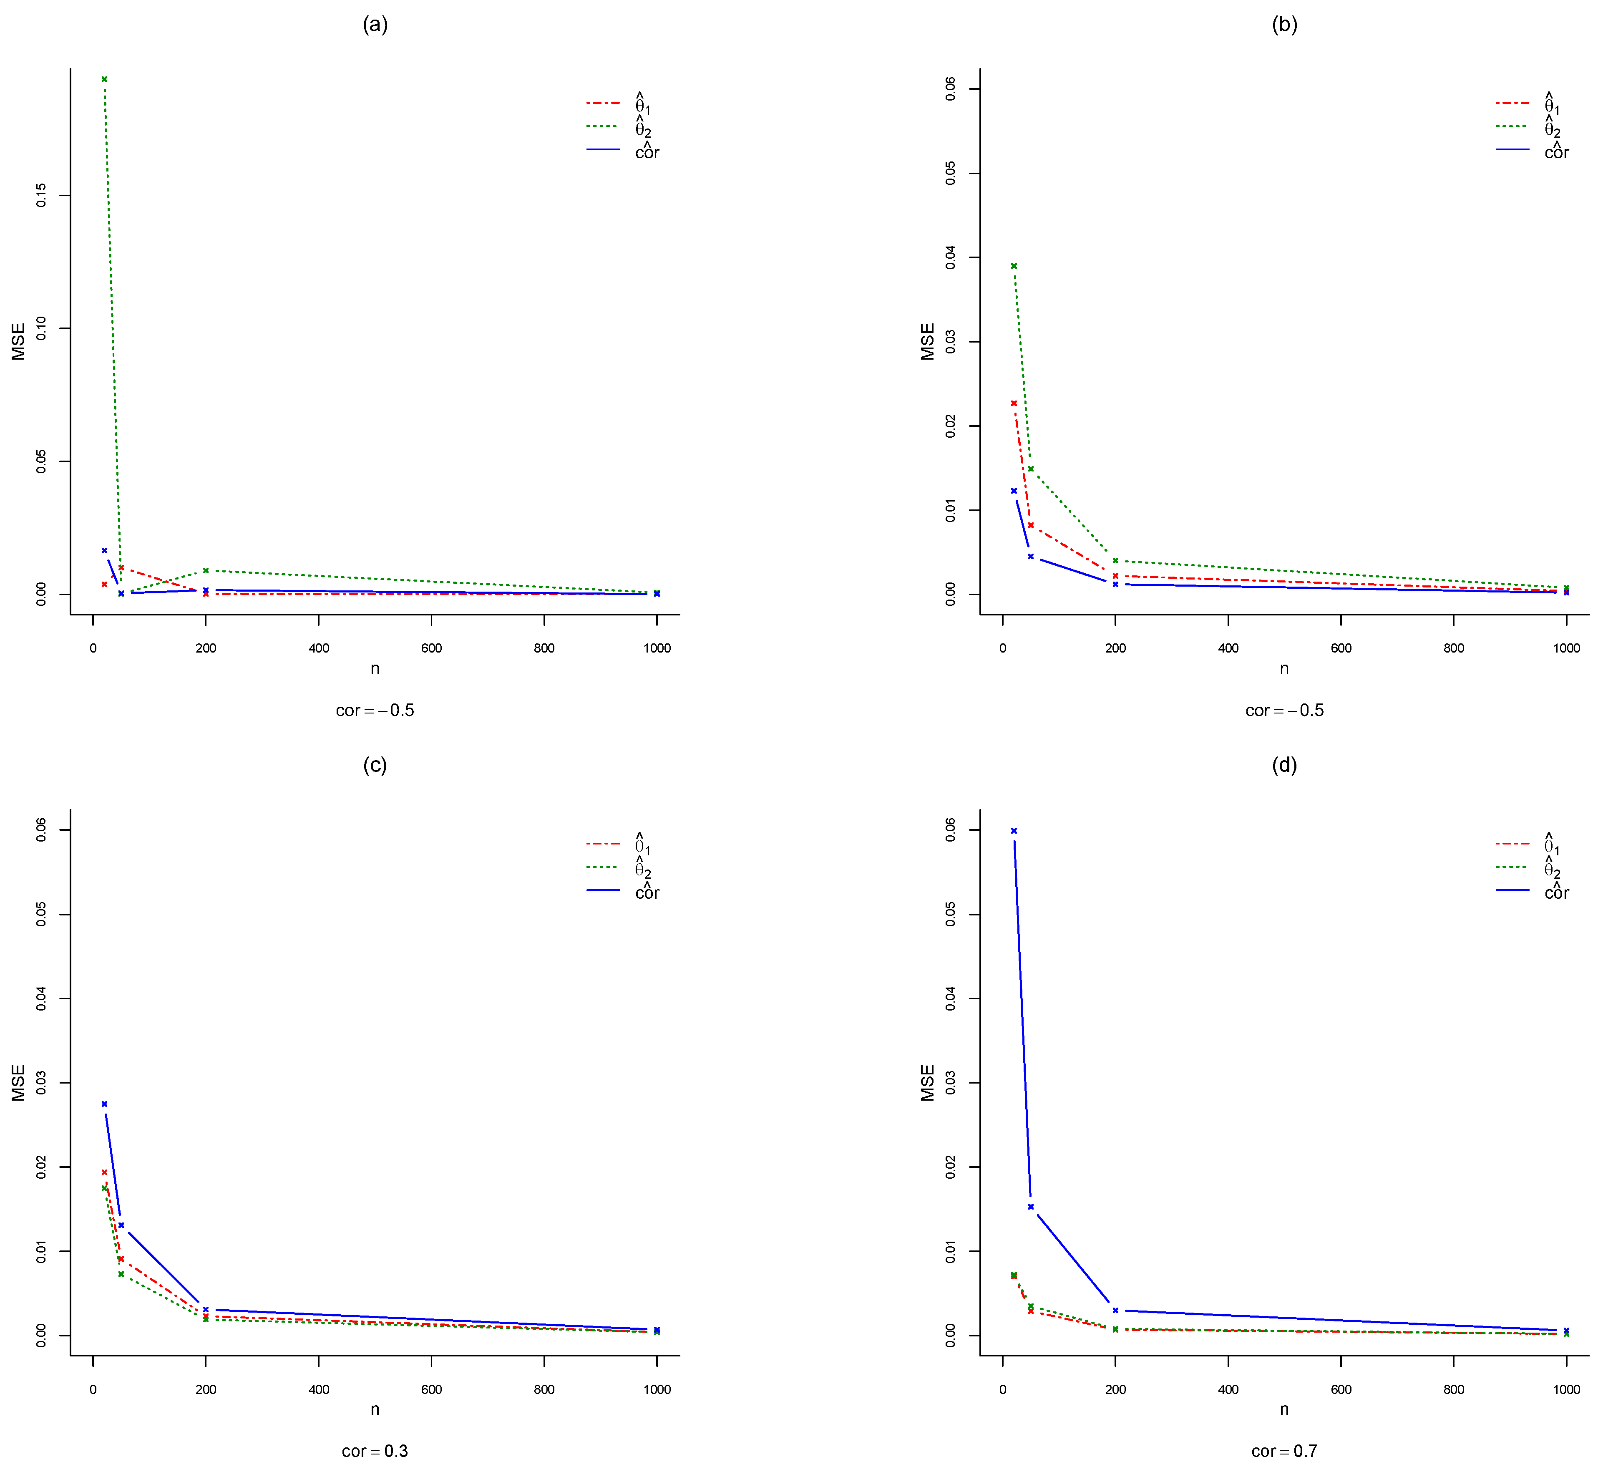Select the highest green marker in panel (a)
[104, 79]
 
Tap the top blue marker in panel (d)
[1014, 831]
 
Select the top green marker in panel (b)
[1014, 266]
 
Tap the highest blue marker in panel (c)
[104, 1104]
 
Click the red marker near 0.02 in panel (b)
[1014, 403]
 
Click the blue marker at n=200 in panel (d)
[1116, 1310]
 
